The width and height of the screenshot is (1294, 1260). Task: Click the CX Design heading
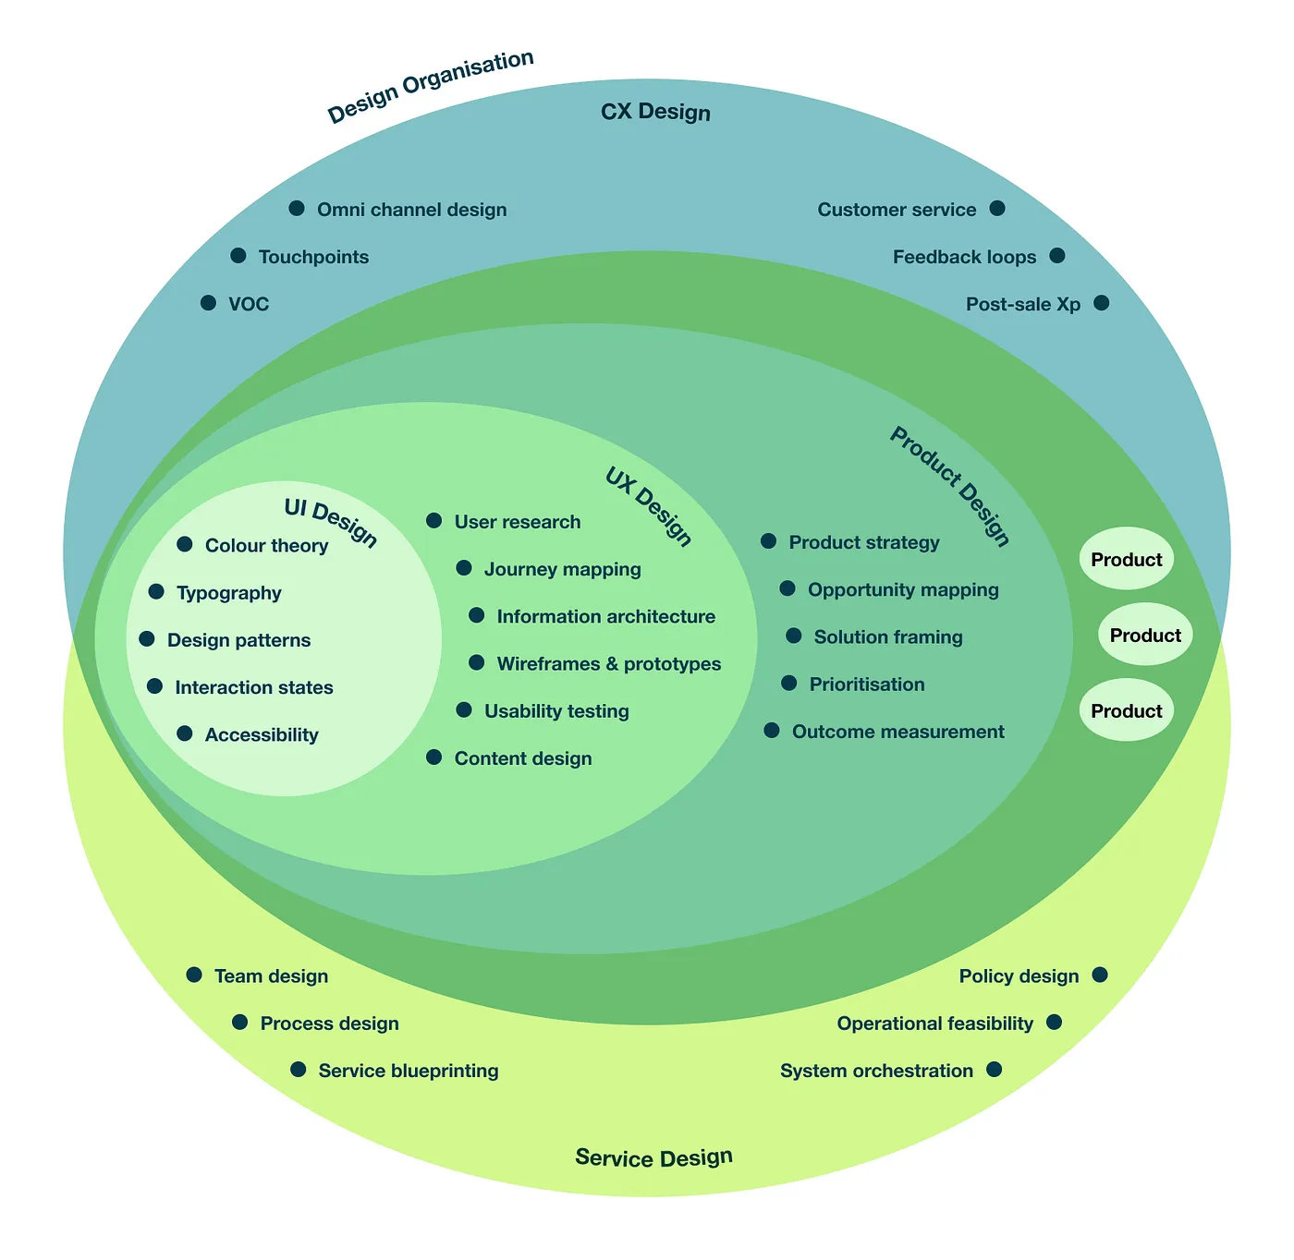655,113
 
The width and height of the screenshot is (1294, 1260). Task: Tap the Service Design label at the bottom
653,1157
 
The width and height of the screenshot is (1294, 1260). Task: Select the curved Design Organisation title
431,87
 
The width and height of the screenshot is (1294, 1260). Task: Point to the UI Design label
331,523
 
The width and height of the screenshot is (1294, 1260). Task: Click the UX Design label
648,506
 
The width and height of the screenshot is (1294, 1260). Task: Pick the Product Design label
949,486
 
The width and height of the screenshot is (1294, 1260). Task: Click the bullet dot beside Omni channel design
297,209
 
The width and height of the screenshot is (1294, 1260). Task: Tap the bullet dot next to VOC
209,303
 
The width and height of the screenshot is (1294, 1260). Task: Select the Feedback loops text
964,258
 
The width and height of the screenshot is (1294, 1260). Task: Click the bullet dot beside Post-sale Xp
1101,303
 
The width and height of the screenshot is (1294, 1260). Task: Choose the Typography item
228,593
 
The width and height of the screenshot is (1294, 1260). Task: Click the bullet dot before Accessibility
185,734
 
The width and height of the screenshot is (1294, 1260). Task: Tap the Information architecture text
605,617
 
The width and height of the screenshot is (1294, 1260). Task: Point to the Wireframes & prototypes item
608,664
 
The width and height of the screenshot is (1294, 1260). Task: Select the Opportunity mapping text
903,590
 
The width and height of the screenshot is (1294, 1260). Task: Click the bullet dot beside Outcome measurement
772,731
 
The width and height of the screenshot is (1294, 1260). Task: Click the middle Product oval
1145,636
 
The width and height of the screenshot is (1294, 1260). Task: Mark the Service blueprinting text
408,1071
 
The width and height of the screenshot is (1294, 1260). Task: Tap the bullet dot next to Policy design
1100,975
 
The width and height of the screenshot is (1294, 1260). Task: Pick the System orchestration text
876,1071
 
